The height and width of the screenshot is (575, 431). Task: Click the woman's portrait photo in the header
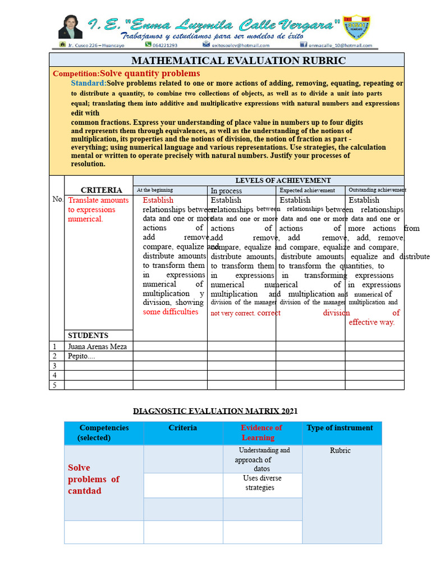[x=70, y=26]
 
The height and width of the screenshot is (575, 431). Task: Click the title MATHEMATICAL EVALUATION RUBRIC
[x=239, y=61]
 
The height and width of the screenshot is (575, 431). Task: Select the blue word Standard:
[x=89, y=83]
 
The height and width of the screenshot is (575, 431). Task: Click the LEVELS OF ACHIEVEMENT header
[x=274, y=180]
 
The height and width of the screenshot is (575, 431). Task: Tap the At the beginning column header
[x=155, y=190]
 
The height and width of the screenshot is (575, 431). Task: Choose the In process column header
[x=226, y=191]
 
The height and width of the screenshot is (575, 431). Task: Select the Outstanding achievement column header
[x=377, y=190]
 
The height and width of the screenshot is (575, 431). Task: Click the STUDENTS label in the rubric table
[x=88, y=335]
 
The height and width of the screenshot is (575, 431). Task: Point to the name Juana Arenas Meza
[x=97, y=346]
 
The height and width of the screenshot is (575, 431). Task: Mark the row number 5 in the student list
[x=55, y=385]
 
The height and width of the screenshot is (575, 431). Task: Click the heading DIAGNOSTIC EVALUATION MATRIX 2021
[x=215, y=411]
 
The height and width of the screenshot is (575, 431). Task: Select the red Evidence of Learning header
[x=261, y=432]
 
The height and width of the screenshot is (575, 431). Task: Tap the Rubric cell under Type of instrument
[x=340, y=450]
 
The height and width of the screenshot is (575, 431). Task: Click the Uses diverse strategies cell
[x=262, y=483]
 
